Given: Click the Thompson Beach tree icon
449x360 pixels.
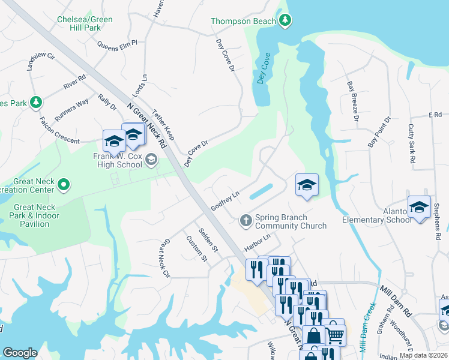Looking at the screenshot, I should click(x=286, y=21).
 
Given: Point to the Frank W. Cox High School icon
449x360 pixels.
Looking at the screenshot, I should click(x=151, y=160).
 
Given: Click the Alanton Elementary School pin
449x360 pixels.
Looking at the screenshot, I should click(x=419, y=208).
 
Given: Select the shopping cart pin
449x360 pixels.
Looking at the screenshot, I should click(x=335, y=334).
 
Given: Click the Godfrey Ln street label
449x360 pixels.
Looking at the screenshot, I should click(x=225, y=201).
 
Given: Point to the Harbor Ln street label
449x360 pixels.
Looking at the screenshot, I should click(x=258, y=242).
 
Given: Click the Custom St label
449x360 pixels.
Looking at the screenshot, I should click(x=196, y=249).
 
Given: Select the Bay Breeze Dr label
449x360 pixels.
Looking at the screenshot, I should click(x=352, y=102).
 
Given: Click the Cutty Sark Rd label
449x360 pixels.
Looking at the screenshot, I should click(x=411, y=144).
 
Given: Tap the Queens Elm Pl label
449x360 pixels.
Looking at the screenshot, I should click(x=117, y=43).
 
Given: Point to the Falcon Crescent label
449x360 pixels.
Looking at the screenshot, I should click(x=59, y=130).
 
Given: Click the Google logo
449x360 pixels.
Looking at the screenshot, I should click(x=20, y=353).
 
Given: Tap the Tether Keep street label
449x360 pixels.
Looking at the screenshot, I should click(x=163, y=124).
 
